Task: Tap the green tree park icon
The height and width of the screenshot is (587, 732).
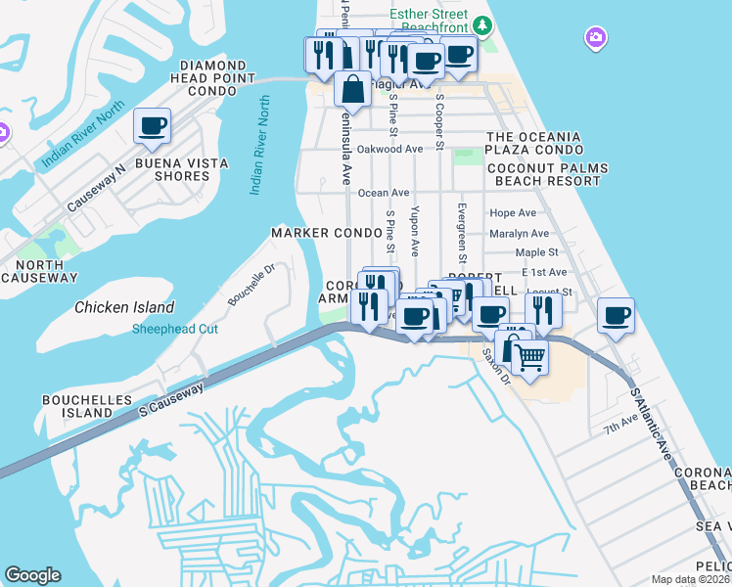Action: (x=480, y=23)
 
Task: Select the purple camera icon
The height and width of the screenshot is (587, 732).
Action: (x=595, y=38)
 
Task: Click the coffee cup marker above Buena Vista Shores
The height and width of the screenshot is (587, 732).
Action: (x=152, y=125)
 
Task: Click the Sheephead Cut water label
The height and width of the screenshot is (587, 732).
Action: (x=176, y=329)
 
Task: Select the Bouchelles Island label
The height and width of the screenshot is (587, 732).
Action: (x=77, y=407)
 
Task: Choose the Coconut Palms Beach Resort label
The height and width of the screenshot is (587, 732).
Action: (x=551, y=174)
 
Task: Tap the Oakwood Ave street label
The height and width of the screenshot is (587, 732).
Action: (x=389, y=149)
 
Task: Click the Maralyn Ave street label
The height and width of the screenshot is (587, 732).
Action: (x=520, y=234)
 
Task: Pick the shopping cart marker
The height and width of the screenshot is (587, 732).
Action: (x=529, y=358)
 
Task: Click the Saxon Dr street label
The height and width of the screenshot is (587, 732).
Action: (x=495, y=369)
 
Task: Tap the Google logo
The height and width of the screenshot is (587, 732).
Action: (x=32, y=575)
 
